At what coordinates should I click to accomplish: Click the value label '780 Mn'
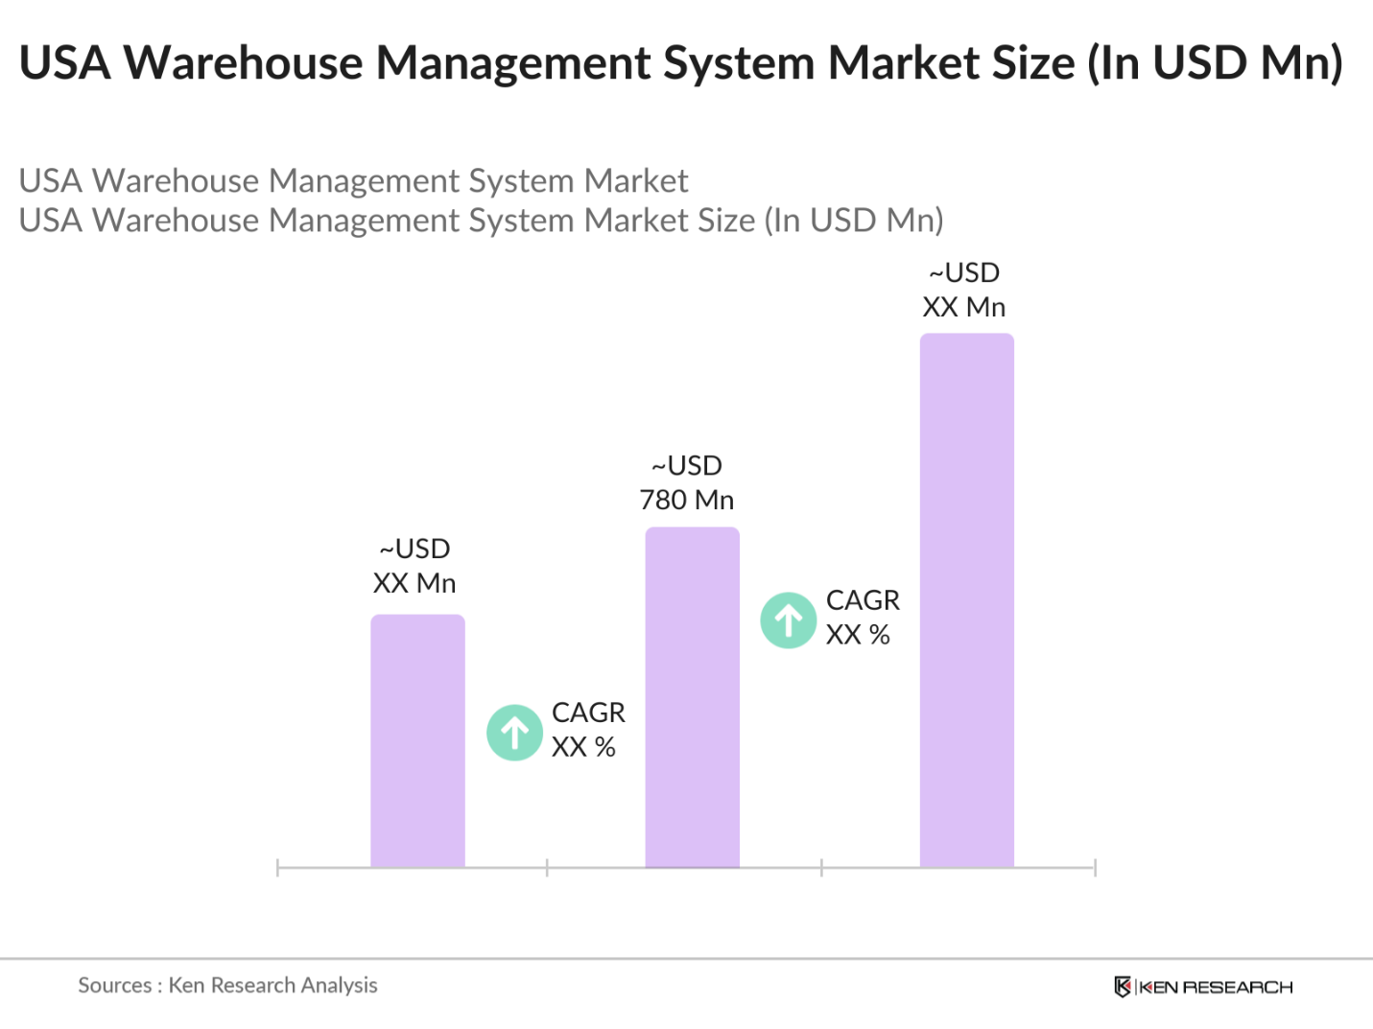coord(687,500)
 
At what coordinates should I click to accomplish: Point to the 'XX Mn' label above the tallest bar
coord(964,307)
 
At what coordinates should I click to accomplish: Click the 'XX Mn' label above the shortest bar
coord(414,583)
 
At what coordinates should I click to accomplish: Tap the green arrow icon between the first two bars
coord(515,733)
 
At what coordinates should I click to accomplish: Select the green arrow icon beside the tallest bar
coord(789,620)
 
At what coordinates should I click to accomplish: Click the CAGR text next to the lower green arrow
coord(588,713)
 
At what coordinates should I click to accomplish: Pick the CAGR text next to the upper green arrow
coord(863,600)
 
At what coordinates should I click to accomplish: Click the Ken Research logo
coord(1203,987)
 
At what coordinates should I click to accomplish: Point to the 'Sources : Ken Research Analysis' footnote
coord(227,985)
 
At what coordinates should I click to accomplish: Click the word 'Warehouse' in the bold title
coord(244,63)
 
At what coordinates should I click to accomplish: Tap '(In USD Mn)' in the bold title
coord(1215,63)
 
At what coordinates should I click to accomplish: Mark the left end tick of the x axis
coord(277,868)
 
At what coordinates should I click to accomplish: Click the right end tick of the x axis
coord(1095,868)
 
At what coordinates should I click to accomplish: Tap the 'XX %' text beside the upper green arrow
coord(858,635)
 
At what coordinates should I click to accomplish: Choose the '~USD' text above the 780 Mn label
coord(687,466)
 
